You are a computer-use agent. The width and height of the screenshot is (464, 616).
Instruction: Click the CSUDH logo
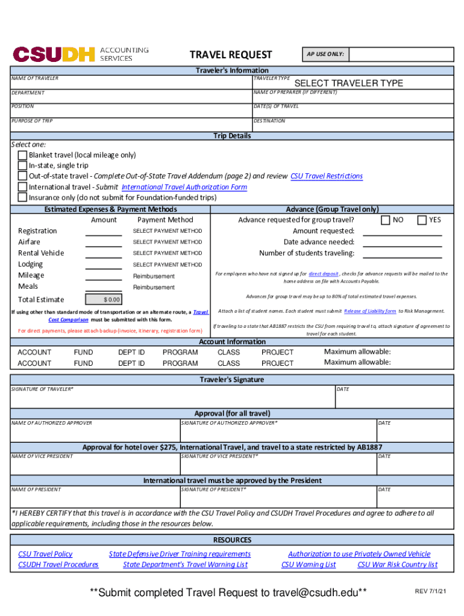click(x=54, y=55)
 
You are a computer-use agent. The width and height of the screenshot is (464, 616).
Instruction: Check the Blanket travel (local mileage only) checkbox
click(x=22, y=155)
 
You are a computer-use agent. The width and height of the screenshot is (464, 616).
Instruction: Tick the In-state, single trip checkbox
click(x=22, y=165)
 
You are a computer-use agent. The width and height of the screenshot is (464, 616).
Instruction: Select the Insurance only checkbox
click(x=22, y=197)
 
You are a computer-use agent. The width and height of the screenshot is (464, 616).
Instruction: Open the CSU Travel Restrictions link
click(x=327, y=176)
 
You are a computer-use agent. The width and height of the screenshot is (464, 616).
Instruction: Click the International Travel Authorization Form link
click(x=184, y=187)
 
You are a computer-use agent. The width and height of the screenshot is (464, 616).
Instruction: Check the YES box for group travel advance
click(x=422, y=220)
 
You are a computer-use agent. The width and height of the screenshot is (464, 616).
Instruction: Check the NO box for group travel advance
click(x=386, y=220)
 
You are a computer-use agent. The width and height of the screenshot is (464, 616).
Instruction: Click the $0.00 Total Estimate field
click(x=104, y=300)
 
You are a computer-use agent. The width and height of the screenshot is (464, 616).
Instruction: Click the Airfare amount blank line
click(x=104, y=242)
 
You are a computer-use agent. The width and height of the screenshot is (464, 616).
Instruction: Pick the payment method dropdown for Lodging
click(x=168, y=265)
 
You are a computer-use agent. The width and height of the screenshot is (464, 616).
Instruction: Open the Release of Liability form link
click(x=369, y=311)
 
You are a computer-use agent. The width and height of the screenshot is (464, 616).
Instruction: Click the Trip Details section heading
click(x=232, y=136)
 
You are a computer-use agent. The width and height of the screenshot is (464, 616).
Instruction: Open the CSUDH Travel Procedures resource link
click(x=58, y=565)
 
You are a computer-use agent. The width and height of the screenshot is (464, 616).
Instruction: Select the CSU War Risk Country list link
click(x=397, y=565)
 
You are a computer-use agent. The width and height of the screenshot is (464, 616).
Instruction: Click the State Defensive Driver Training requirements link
click(x=180, y=554)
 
